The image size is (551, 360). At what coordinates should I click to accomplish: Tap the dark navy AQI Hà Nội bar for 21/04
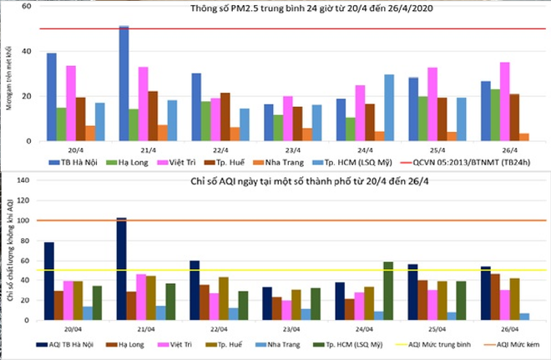coord(121,269)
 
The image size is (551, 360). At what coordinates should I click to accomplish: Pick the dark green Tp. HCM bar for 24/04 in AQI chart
coord(388,292)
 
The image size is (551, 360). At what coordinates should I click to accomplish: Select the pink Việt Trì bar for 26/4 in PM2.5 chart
coord(504,101)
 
